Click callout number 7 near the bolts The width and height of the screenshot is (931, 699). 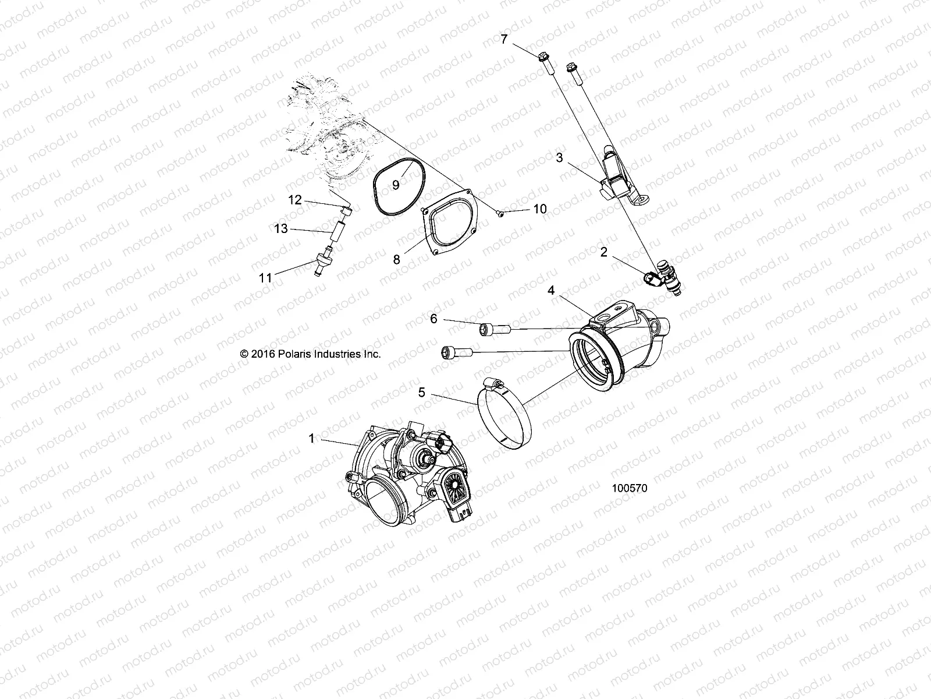click(504, 39)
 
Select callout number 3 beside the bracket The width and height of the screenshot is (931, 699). click(559, 157)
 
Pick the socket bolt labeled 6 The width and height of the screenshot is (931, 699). click(495, 330)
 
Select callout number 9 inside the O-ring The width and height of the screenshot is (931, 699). click(396, 185)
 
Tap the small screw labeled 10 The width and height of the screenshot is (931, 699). click(501, 213)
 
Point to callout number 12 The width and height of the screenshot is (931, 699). click(295, 200)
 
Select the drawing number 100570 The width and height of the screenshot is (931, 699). click(629, 488)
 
